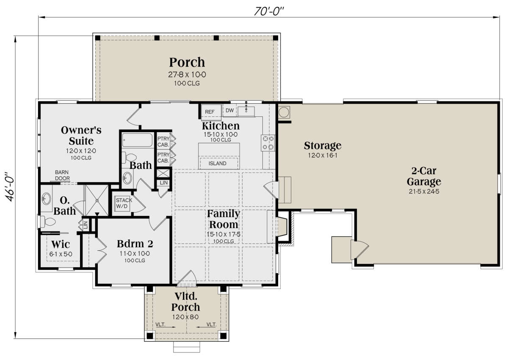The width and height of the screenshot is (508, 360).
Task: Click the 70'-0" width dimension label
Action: point(269,11)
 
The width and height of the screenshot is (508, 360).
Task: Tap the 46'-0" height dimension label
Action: point(10,187)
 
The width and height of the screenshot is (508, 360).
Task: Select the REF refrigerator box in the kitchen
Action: point(211,112)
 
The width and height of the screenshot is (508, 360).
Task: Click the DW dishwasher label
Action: point(229,110)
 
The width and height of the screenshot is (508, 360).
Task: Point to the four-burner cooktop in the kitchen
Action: point(268,143)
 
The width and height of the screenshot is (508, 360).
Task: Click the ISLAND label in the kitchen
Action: point(217,163)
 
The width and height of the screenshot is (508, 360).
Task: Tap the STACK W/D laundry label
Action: point(124,203)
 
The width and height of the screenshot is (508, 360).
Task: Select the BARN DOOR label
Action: point(62,175)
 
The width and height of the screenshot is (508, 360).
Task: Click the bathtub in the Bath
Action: point(138,140)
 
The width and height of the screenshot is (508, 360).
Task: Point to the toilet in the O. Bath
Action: point(48,222)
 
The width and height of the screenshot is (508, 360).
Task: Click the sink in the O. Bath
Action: point(46,199)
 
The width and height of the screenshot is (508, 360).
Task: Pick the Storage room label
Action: point(323,146)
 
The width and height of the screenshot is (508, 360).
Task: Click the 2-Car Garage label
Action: point(424,176)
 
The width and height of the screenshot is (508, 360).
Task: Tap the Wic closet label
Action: point(61,244)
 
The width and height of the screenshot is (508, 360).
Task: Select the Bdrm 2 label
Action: point(135,244)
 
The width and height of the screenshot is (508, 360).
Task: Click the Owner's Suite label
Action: point(81,136)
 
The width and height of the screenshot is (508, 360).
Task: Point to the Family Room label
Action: point(224,219)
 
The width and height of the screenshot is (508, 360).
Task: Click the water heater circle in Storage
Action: point(284,112)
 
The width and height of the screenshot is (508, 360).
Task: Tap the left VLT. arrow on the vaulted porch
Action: point(166,327)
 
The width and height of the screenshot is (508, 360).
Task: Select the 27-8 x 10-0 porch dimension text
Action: point(187,75)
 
